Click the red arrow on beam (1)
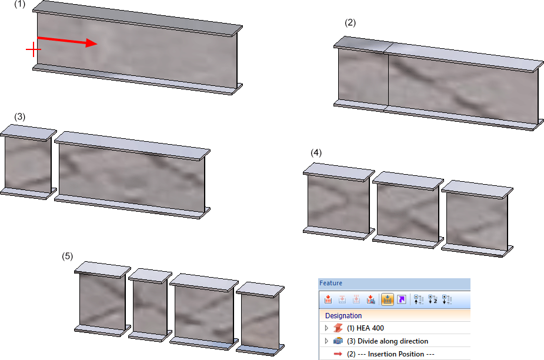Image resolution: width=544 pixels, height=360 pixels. (x=67, y=41)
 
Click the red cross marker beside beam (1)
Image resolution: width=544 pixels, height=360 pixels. (x=34, y=49)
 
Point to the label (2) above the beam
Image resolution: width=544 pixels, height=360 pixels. (x=350, y=22)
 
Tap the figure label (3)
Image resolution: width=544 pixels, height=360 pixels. (x=20, y=116)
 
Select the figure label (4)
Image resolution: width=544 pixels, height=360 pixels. (x=316, y=153)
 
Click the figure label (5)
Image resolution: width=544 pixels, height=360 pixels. (x=67, y=256)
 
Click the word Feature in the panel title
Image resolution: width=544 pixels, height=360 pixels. (x=331, y=284)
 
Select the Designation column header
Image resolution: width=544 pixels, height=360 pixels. (x=343, y=315)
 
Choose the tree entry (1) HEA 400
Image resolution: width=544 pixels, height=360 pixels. (x=365, y=328)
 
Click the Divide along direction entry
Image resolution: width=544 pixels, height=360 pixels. (x=388, y=341)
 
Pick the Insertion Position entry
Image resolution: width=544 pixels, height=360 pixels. (x=391, y=354)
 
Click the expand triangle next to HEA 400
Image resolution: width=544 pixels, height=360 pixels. (x=326, y=328)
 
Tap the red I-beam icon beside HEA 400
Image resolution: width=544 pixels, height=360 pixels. (x=338, y=328)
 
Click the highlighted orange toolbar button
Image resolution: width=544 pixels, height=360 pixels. (x=387, y=299)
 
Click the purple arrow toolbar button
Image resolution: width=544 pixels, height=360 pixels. (x=402, y=299)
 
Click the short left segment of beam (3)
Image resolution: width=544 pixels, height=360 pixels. (x=28, y=162)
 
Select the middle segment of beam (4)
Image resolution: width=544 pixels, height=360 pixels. (x=408, y=210)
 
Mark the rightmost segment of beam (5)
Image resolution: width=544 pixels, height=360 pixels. (x=260, y=319)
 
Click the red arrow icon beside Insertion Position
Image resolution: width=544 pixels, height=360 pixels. (x=338, y=354)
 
